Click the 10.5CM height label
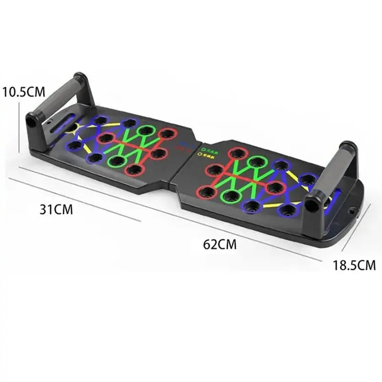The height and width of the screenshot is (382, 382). (x=23, y=91)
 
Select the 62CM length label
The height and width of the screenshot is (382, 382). (x=220, y=244)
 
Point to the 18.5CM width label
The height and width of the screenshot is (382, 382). (x=354, y=265)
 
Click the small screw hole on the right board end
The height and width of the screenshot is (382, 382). (x=353, y=210)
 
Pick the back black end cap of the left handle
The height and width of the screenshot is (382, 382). (x=81, y=78)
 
